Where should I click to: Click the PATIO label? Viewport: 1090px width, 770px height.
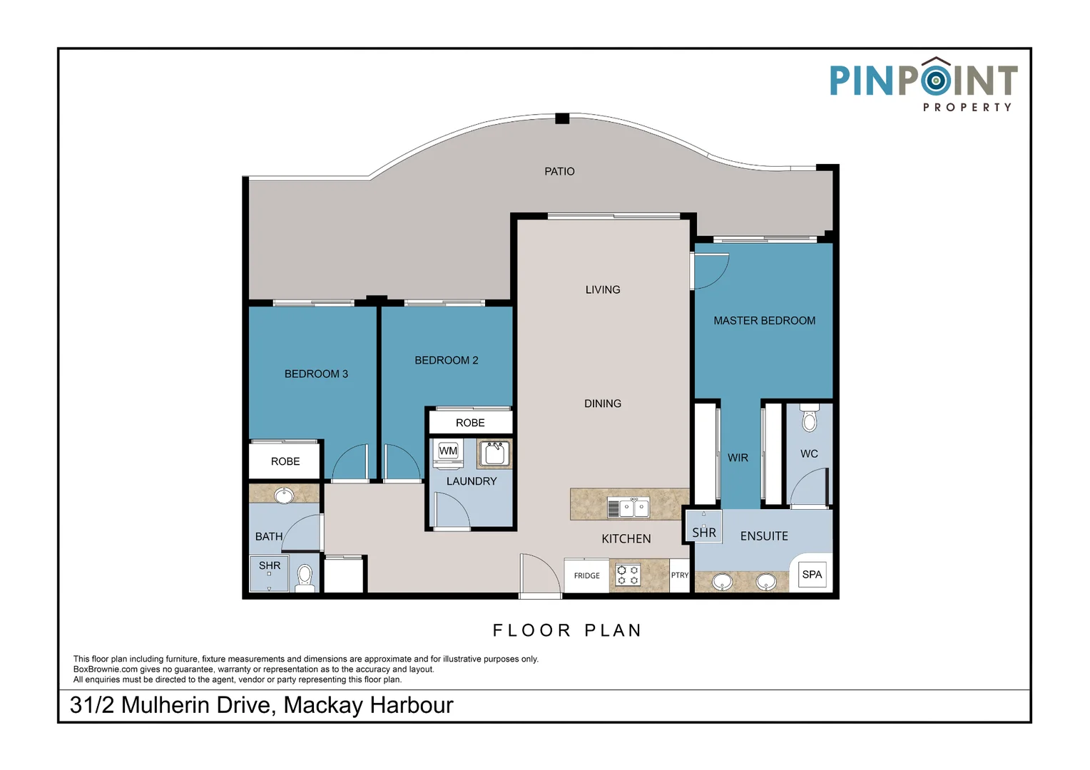(559, 171)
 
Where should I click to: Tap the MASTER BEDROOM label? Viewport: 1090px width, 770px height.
(764, 321)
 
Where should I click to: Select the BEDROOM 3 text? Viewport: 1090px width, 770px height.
(316, 374)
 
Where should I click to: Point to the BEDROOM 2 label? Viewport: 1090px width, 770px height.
(447, 360)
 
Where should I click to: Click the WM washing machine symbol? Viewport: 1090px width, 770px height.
(448, 452)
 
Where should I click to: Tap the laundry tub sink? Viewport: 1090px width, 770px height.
(494, 453)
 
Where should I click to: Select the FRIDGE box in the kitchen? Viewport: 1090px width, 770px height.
(586, 575)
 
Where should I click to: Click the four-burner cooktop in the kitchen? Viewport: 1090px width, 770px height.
(628, 575)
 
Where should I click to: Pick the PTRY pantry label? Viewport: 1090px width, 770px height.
(680, 575)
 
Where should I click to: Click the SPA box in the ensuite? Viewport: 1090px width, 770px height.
(812, 574)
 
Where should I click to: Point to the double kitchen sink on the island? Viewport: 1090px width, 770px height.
(628, 508)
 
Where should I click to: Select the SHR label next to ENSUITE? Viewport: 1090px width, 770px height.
(703, 533)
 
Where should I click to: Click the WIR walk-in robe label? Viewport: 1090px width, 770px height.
(738, 458)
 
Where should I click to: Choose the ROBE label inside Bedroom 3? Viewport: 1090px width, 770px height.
(285, 461)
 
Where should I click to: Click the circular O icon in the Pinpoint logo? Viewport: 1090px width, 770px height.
(935, 80)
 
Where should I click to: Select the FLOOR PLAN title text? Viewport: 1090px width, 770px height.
(568, 630)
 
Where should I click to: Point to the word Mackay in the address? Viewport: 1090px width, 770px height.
(323, 705)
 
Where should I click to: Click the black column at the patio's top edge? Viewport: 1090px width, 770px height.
(562, 118)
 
